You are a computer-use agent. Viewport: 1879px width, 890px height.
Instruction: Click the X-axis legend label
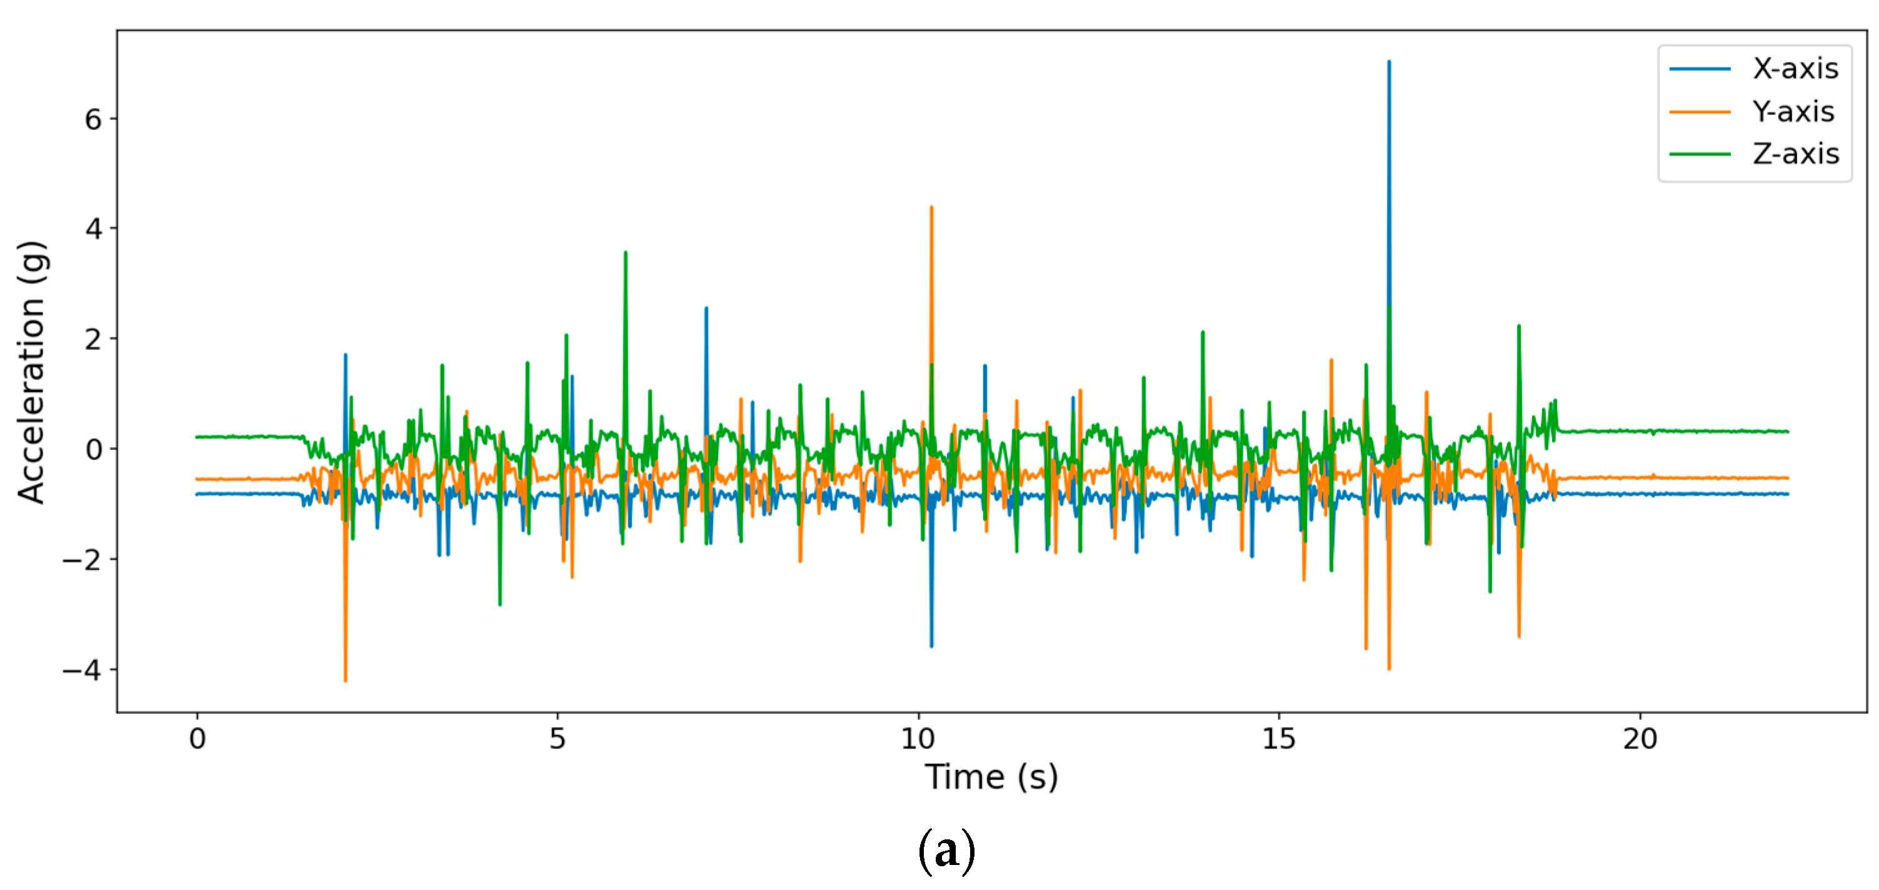point(1796,69)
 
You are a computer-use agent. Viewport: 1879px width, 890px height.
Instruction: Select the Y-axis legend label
point(1793,112)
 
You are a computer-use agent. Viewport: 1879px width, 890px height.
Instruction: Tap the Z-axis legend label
point(1796,154)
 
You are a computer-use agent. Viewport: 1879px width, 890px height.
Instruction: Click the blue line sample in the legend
point(1700,69)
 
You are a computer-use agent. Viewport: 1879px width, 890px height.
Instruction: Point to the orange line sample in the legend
point(1700,112)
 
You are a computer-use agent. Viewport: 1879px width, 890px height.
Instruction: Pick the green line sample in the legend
point(1700,154)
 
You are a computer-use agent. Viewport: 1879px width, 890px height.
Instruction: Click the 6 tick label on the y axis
point(93,119)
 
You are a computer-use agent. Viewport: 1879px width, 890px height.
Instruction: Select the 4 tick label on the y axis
point(93,229)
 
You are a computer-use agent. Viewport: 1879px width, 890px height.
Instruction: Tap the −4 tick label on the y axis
point(82,671)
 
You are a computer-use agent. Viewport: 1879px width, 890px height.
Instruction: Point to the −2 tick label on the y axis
point(82,560)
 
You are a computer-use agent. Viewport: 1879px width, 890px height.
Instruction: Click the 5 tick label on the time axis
point(558,739)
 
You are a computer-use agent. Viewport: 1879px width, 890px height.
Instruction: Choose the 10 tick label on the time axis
point(918,739)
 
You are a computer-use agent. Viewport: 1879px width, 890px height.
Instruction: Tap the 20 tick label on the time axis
point(1640,739)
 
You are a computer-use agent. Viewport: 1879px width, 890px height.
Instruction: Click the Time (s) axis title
point(991,777)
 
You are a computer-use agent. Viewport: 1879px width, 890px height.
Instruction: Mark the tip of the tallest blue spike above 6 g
point(1389,62)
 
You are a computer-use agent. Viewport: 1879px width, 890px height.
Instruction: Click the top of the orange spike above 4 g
point(931,208)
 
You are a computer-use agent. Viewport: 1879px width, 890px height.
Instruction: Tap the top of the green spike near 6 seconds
point(626,253)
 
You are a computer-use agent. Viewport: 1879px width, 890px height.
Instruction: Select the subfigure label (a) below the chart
point(946,851)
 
